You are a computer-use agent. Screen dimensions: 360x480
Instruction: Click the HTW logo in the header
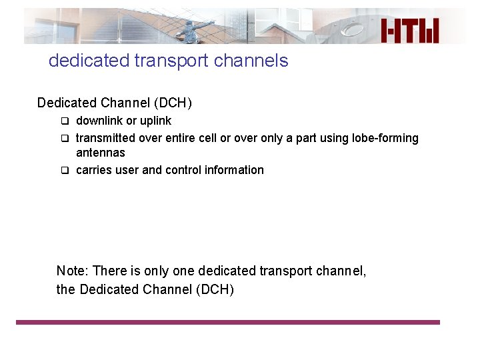[x=411, y=31]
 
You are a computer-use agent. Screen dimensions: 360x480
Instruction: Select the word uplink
[x=155, y=121]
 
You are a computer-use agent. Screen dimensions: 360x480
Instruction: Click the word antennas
[x=101, y=153]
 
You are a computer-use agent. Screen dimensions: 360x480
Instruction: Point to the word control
[x=183, y=170]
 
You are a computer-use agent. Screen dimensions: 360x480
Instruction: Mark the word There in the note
[x=107, y=271]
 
